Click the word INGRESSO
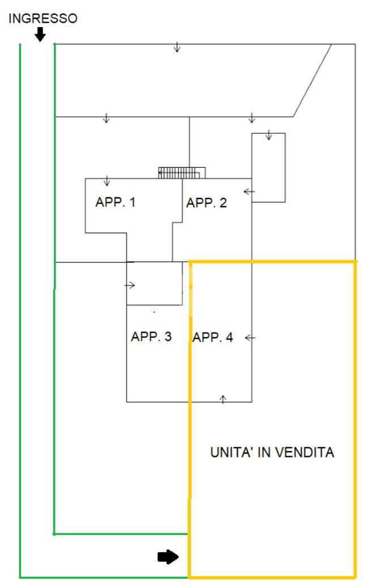coord(42,19)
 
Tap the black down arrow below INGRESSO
coord(40,35)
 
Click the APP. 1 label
coord(116,202)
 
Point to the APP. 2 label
coord(207,203)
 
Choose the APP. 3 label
coord(151,337)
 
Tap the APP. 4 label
coord(212,338)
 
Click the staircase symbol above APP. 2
coord(181,172)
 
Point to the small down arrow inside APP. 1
coord(107,181)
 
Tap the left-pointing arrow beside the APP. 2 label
coord(249,192)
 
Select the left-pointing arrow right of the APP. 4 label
coord(250,338)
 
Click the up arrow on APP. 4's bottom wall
coord(223,399)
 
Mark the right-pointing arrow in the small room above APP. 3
coord(130,285)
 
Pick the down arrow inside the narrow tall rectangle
coord(269,135)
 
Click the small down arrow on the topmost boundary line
coord(177,47)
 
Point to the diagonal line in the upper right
coord(312,80)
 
